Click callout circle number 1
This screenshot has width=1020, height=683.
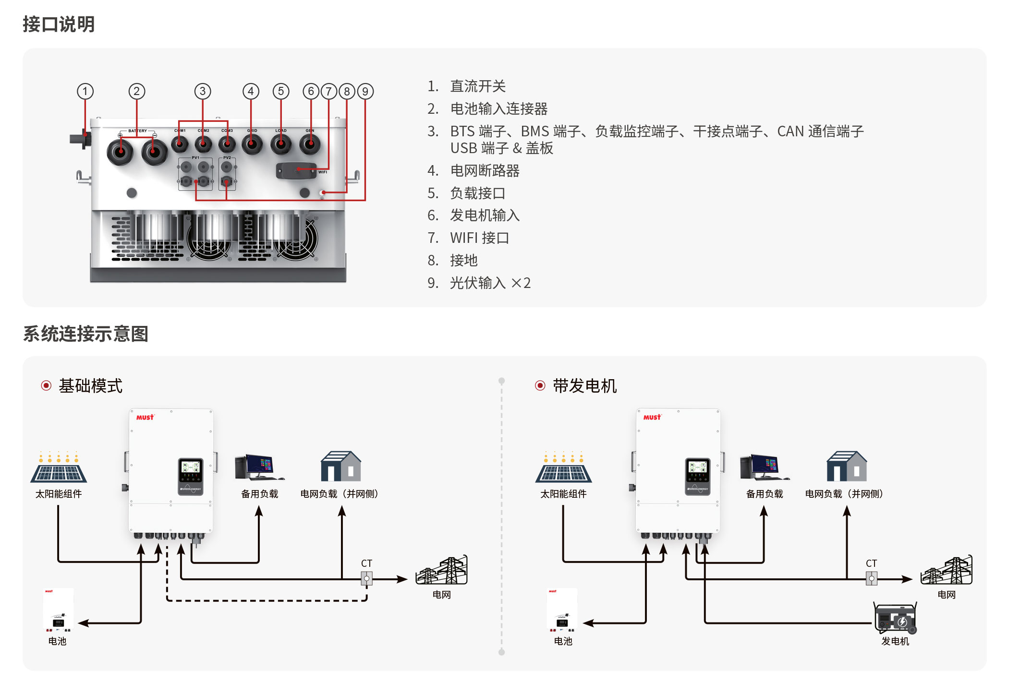point(85,91)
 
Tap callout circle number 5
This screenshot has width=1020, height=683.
point(281,91)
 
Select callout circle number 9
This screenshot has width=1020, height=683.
point(365,91)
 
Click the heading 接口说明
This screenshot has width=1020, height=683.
point(59,24)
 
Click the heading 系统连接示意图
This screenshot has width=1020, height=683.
point(85,334)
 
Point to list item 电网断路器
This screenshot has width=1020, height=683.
point(485,170)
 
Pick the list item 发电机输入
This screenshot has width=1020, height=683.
point(485,215)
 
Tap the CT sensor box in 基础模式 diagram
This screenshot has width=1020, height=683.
point(367,578)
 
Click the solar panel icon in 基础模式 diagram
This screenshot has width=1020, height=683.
point(59,467)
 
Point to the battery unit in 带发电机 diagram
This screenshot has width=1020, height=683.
point(562,610)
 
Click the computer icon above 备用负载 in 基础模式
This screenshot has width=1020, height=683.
point(259,467)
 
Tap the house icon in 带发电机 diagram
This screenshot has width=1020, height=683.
point(847,466)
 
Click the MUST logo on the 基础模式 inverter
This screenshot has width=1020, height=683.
point(145,418)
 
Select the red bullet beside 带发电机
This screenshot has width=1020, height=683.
point(540,385)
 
